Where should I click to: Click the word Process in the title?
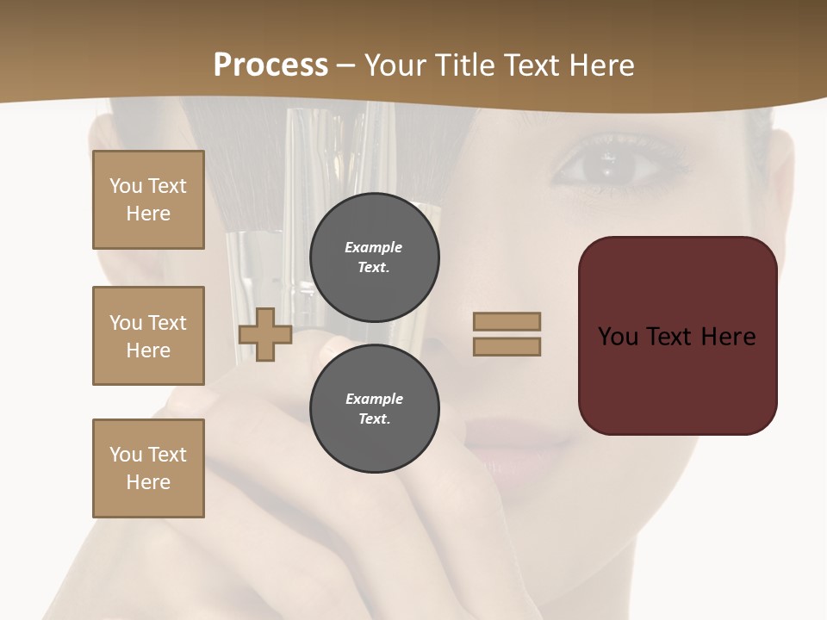click(x=270, y=65)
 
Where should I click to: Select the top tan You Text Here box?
click(x=148, y=200)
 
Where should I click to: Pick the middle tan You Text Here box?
click(x=148, y=336)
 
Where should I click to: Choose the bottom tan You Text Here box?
click(x=148, y=468)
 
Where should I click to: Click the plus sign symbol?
click(x=264, y=334)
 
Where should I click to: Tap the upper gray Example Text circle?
click(x=374, y=257)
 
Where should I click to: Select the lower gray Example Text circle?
click(x=374, y=409)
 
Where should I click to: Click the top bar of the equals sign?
click(x=507, y=321)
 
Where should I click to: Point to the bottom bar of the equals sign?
click(x=507, y=346)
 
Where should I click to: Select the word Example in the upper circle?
click(x=373, y=247)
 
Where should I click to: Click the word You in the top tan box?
click(x=125, y=186)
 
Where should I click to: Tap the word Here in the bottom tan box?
click(x=148, y=482)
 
